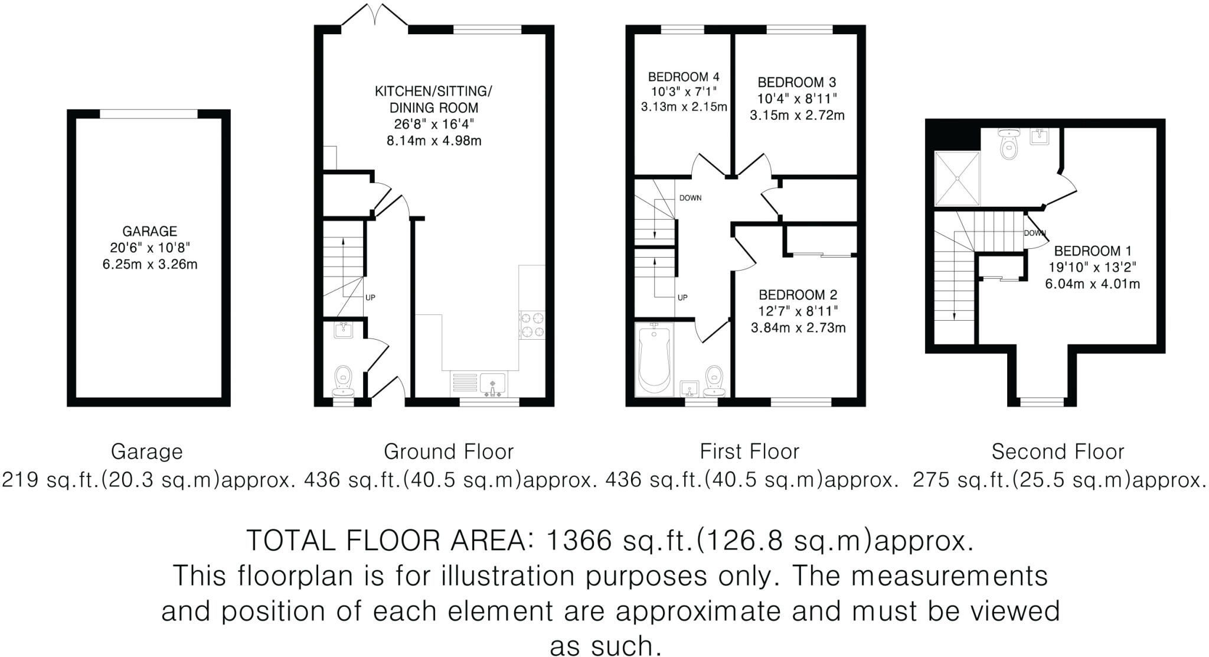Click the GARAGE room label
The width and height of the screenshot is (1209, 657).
tap(149, 231)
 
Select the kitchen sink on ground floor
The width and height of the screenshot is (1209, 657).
tap(492, 384)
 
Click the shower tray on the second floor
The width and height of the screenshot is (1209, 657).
tap(957, 178)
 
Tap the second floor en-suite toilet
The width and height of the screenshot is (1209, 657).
tap(1010, 144)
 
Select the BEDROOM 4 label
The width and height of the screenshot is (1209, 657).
tap(684, 77)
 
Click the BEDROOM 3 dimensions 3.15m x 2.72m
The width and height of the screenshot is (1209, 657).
tap(797, 115)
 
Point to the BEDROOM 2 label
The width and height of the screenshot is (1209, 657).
tap(798, 295)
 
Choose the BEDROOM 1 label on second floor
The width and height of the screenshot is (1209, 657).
tap(1093, 251)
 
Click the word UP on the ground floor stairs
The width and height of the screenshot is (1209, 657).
tap(370, 298)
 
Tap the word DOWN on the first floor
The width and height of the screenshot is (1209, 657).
tap(690, 198)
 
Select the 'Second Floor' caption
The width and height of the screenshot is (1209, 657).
tap(1057, 452)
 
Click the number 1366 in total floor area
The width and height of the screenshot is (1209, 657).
tap(579, 540)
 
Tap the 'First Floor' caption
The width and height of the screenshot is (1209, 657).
tap(749, 452)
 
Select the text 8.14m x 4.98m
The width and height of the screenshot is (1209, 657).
tap(433, 141)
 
